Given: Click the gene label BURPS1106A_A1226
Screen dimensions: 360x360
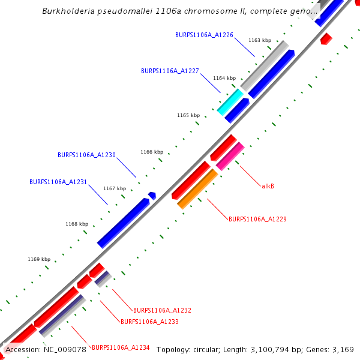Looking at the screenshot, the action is pyautogui.click(x=204, y=35).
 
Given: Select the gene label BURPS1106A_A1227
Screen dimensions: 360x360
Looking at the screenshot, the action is pyautogui.click(x=170, y=71).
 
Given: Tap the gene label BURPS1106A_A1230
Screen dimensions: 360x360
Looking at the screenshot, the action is pyautogui.click(x=86, y=155).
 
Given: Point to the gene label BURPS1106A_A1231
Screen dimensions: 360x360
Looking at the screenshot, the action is pyautogui.click(x=58, y=182).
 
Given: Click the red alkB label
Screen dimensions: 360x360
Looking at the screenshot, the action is pyautogui.click(x=268, y=186).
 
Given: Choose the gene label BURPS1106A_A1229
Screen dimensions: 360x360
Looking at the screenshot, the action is pyautogui.click(x=257, y=220).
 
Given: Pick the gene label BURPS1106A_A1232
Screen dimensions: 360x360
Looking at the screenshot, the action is pyautogui.click(x=162, y=311).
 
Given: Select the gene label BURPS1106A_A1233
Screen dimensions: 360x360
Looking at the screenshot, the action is pyautogui.click(x=149, y=322).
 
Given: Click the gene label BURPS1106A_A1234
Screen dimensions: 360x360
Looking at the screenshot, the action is pyautogui.click(x=120, y=347).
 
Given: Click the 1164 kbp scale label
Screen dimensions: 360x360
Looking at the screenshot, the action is pyautogui.click(x=224, y=78).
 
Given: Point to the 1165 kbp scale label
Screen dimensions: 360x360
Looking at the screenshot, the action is pyautogui.click(x=188, y=115).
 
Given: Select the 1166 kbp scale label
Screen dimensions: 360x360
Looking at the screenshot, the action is pyautogui.click(x=152, y=152).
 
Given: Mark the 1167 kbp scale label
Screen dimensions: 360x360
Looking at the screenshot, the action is pyautogui.click(x=115, y=188).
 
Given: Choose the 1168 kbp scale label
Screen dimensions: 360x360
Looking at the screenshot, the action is pyautogui.click(x=77, y=224).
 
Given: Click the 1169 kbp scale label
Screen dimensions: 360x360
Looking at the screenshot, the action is pyautogui.click(x=39, y=259).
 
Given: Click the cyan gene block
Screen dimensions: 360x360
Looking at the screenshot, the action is pyautogui.click(x=230, y=102).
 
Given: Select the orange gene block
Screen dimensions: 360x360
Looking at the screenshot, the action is pyautogui.click(x=197, y=189).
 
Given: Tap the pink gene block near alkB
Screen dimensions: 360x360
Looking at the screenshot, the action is pyautogui.click(x=230, y=157).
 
